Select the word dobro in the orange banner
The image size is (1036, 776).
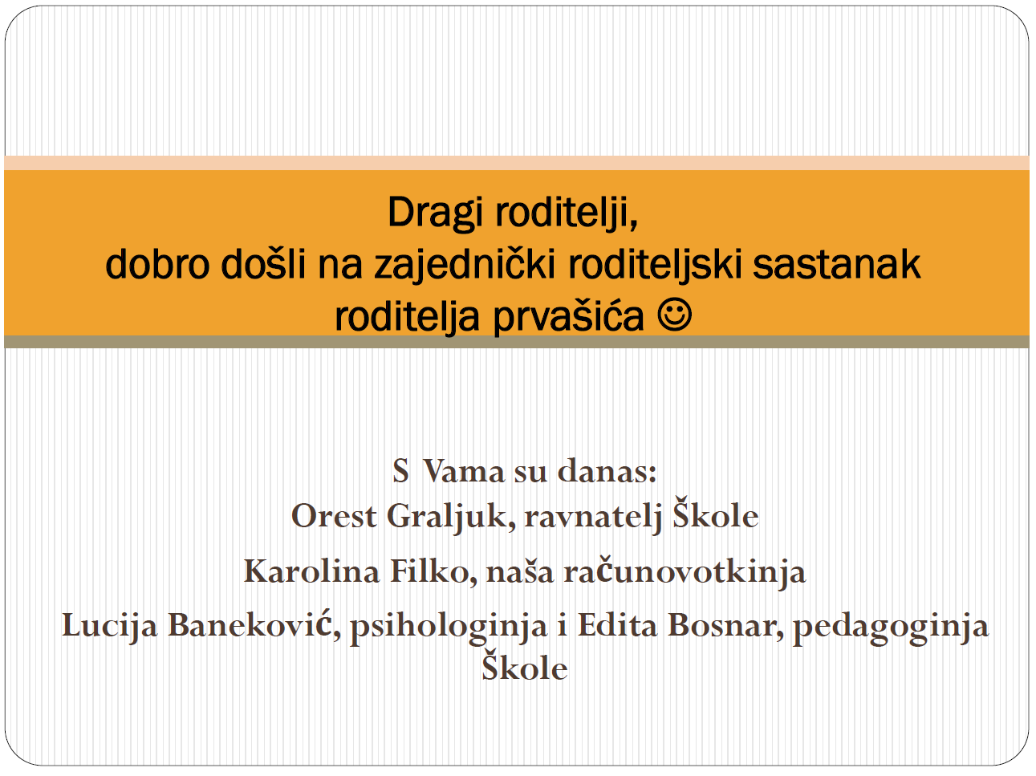(157, 265)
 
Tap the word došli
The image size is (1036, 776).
(263, 265)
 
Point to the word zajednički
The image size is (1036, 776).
(465, 266)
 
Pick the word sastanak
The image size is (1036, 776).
(836, 265)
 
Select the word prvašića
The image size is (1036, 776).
(568, 317)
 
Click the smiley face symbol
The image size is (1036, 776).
(674, 314)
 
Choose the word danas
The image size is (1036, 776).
(607, 472)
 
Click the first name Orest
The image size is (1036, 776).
(334, 516)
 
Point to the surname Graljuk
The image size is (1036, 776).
(451, 518)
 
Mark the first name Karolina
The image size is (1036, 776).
(311, 571)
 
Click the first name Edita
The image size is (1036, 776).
(617, 626)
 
